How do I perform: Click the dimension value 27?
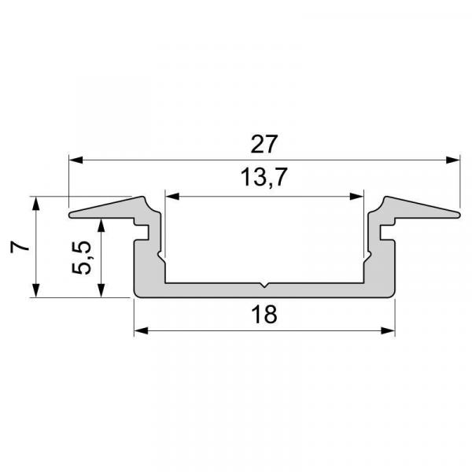(x=264, y=145)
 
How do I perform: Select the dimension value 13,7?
(x=264, y=179)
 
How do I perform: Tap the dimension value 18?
(x=264, y=315)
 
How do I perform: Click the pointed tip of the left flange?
(x=71, y=214)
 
